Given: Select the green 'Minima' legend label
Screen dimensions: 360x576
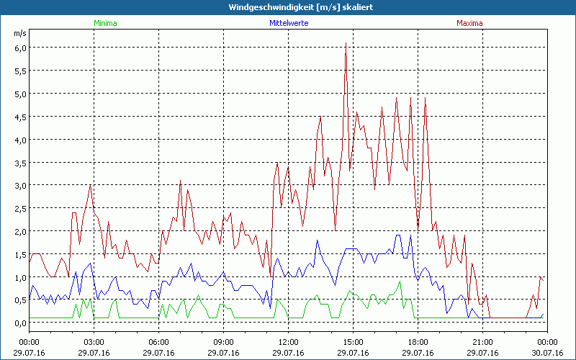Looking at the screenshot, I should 104,23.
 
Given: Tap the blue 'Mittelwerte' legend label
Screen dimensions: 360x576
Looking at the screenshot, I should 288,23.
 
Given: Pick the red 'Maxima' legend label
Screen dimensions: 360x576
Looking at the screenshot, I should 469,23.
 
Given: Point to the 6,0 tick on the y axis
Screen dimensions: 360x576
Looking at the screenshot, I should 20,48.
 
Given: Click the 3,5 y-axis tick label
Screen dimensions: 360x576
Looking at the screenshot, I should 20,163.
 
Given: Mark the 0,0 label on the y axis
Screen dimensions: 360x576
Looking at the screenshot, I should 20,323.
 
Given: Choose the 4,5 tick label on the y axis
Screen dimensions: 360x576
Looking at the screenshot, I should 20,117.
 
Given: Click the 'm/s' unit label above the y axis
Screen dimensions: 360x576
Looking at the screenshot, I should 19,33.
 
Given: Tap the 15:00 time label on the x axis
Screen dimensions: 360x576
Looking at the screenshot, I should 353,341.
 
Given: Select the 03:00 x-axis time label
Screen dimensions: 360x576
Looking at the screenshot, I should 94,341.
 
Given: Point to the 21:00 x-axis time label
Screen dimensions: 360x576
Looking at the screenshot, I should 482,341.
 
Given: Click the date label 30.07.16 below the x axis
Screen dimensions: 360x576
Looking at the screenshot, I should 547,352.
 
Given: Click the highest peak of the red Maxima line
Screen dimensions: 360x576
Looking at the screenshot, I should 346,43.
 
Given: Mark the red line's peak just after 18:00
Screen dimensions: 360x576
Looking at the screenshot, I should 425,98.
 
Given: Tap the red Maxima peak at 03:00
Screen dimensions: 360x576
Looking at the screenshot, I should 90,185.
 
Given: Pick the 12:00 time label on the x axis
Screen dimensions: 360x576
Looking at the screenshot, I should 288,341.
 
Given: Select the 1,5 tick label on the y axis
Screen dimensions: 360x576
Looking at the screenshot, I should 20,254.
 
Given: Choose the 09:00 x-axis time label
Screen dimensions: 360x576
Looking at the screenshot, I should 223,341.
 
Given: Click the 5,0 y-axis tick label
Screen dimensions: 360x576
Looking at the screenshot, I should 20,94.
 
